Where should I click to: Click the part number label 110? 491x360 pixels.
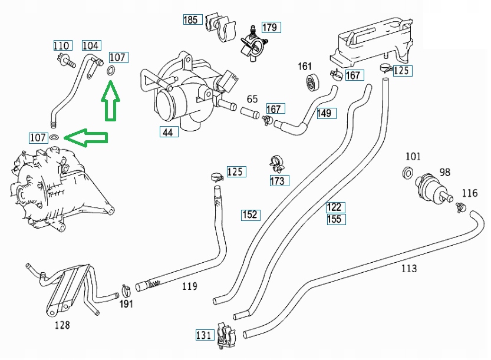[x=62, y=46]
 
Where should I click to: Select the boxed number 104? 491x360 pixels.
[x=91, y=45]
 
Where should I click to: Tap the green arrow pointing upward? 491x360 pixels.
[x=110, y=100]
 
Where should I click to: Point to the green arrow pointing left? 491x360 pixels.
[x=86, y=138]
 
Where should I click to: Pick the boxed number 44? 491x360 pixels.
[x=169, y=132]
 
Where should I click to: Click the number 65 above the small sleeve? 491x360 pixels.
[x=252, y=99]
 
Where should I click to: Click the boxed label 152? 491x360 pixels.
[x=251, y=215]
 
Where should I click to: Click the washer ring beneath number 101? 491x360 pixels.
[x=407, y=173]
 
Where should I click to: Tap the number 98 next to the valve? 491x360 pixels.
[x=444, y=172]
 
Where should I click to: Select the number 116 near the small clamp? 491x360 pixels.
[x=470, y=193]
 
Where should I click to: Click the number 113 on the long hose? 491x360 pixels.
[x=409, y=269]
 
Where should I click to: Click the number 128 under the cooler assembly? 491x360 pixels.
[x=62, y=325]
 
